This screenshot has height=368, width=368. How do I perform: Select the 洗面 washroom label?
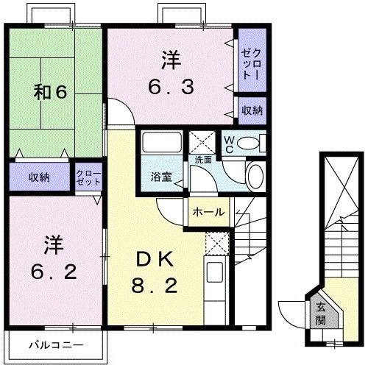click(204, 159)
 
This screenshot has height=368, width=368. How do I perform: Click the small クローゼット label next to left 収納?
click(88, 177)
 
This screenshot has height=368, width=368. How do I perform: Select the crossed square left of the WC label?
click(201, 142)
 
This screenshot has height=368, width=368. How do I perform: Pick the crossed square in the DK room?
click(216, 241)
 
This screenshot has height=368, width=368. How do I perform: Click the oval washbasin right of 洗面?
click(253, 177)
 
